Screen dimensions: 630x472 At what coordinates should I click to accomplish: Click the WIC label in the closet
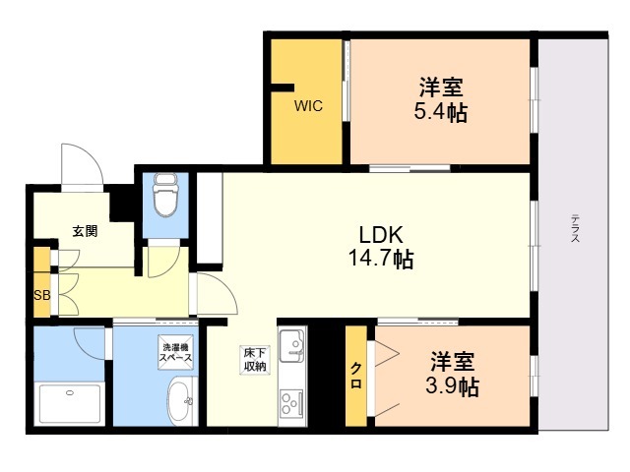point(308,106)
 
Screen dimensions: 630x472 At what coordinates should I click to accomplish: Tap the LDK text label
point(381,235)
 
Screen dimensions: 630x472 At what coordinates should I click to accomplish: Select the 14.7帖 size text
point(381,258)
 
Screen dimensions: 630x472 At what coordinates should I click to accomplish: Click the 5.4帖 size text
point(441,111)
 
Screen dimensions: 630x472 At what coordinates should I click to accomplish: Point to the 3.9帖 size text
point(452,386)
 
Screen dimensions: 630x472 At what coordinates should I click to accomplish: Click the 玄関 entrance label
point(85,231)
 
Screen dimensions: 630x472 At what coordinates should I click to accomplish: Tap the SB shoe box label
point(41,295)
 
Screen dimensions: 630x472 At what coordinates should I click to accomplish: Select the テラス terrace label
point(575,228)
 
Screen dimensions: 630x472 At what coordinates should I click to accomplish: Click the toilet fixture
point(165,195)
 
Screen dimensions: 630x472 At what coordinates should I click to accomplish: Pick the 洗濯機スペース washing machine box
point(175,352)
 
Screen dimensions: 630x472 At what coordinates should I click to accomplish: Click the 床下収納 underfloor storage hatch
point(255,360)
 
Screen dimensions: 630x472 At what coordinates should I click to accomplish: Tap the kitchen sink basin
point(292,345)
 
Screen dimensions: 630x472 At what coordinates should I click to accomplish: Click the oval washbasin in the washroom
point(180,400)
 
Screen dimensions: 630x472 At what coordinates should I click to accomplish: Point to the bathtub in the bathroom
point(70,403)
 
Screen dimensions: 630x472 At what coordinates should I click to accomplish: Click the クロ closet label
point(356,376)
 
